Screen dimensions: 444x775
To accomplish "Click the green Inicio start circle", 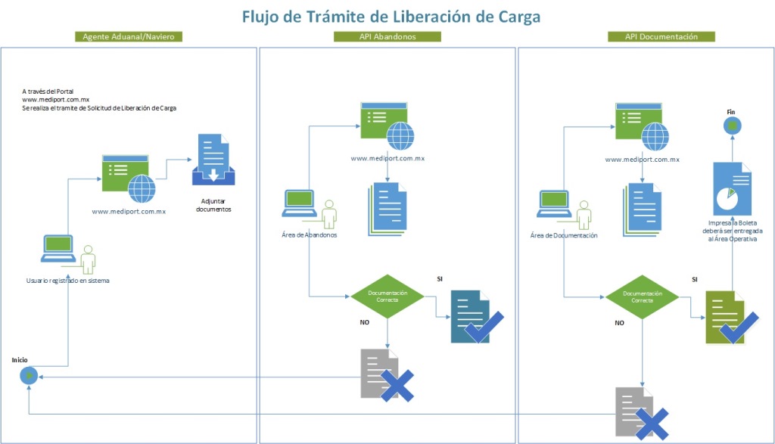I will point(28,374).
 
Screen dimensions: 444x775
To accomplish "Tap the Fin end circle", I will point(732,126).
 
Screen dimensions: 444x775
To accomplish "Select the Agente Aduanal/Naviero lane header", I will point(129,36).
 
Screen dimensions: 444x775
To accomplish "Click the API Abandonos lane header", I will point(387,36).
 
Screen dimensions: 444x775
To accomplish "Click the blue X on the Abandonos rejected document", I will point(397,385).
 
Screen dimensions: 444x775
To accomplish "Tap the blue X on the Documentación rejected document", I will point(652,424).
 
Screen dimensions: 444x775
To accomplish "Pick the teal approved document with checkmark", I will point(471,317).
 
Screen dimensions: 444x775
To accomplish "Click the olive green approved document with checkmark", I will point(727,317).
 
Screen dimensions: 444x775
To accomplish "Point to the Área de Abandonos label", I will point(309,235).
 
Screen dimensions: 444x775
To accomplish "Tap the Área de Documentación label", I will point(564,235).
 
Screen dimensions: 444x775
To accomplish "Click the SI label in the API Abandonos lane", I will point(440,279).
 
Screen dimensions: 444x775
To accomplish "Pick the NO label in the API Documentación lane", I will point(619,322).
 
